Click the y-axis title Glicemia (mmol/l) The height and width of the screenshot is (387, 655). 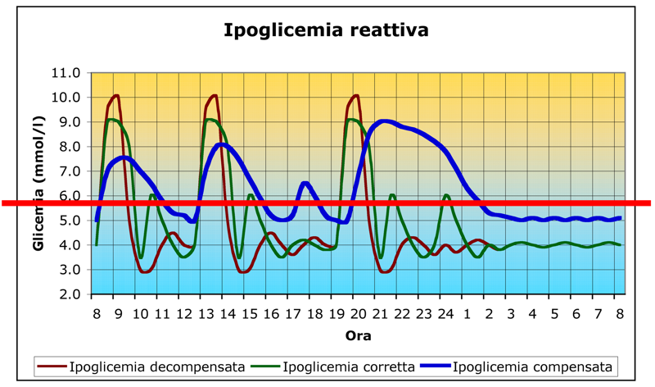click(39, 182)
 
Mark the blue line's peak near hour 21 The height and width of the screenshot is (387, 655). click(385, 121)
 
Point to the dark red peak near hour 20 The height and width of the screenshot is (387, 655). click(355, 95)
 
